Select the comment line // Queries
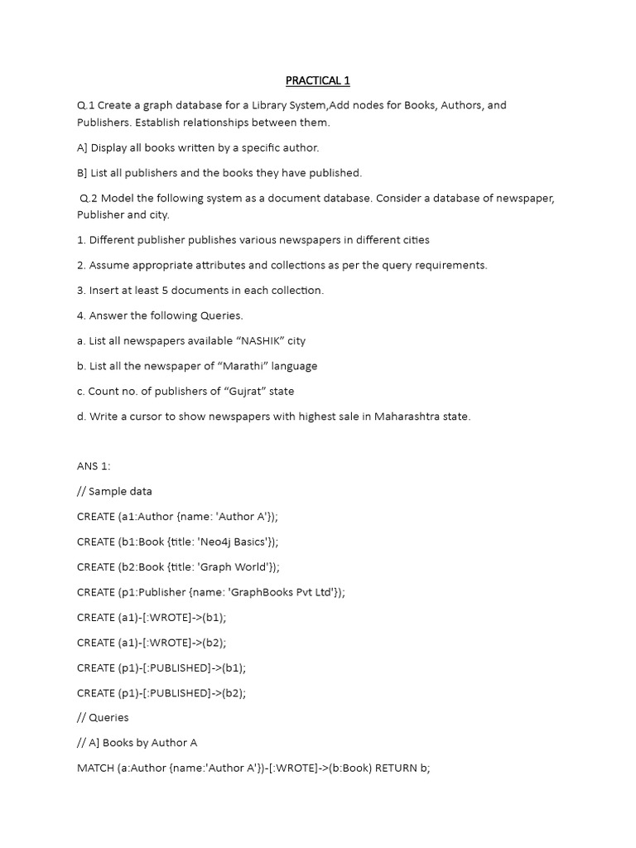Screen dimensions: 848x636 103,717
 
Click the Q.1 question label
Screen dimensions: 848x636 85,105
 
